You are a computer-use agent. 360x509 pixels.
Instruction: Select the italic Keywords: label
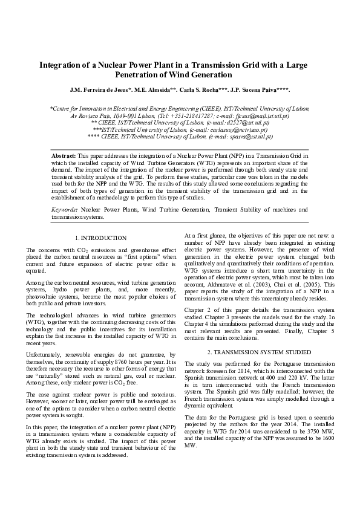click(65, 210)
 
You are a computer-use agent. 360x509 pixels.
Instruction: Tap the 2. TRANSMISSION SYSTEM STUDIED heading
click(259, 352)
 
